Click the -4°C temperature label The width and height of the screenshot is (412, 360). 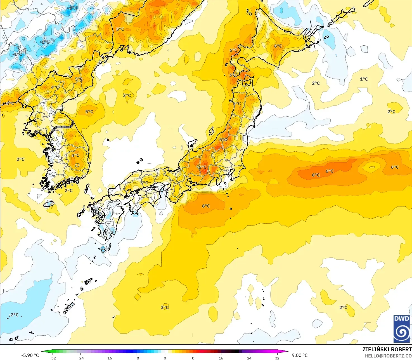point(72,8)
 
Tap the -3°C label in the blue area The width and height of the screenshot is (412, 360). point(45,42)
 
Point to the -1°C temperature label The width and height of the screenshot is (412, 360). point(17,54)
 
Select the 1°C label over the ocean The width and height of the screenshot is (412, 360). point(364,79)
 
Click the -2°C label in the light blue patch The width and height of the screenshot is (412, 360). point(14,315)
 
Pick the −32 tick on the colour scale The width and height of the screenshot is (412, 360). point(53,358)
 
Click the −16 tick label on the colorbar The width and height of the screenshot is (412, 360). point(109,358)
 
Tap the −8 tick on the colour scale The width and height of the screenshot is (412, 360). point(137,358)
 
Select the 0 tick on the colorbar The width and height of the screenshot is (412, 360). point(165,358)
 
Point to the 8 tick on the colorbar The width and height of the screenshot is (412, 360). point(193,358)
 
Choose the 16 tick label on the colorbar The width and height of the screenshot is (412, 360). point(221,358)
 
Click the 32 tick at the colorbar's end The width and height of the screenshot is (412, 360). point(277,358)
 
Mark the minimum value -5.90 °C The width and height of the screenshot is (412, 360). point(30,355)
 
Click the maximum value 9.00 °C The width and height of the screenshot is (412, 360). point(300,355)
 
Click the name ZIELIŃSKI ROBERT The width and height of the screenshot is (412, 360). point(387,349)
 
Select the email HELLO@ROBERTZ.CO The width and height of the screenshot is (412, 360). point(388,356)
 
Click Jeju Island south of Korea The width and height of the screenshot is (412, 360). point(49,204)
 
